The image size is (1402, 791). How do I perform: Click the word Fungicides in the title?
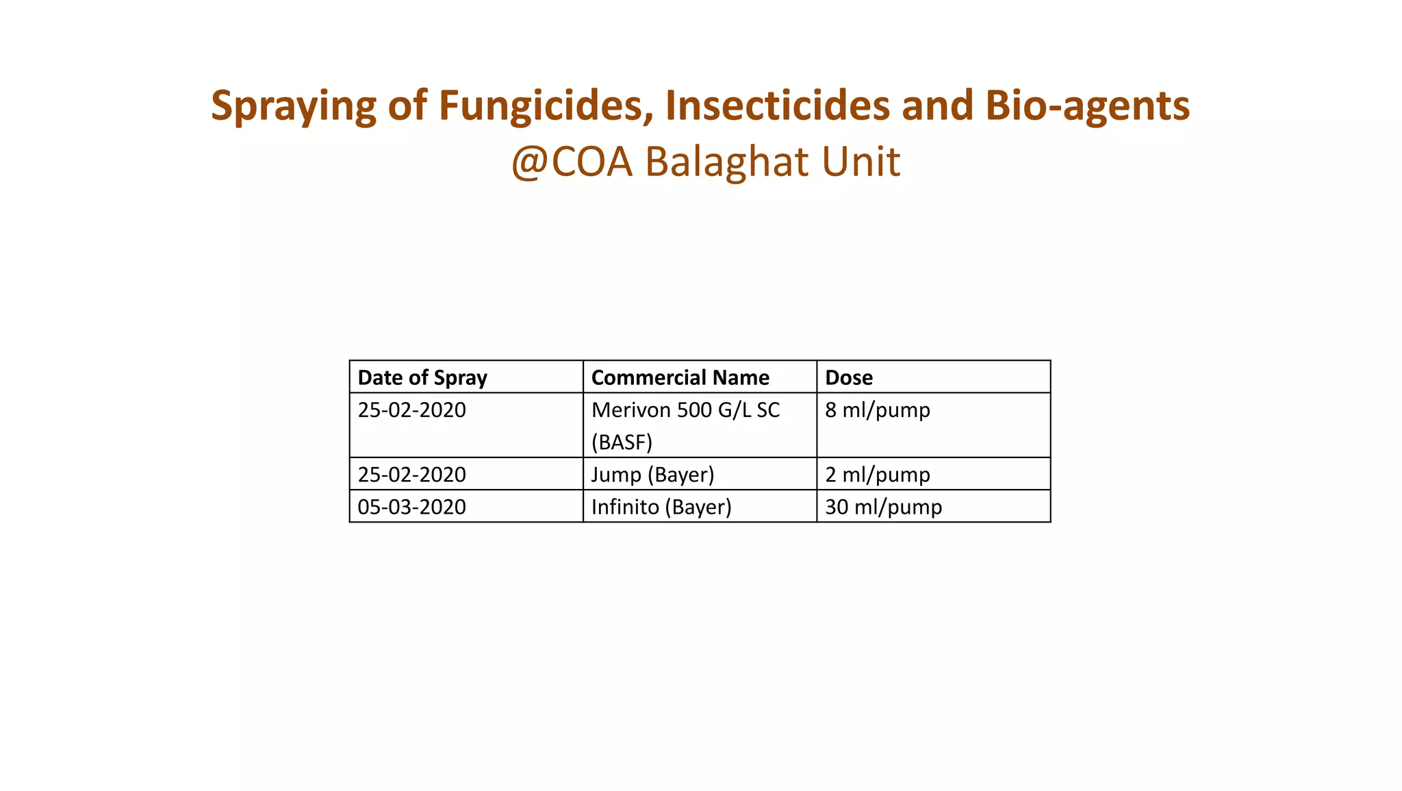(x=541, y=106)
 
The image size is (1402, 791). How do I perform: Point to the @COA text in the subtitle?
(x=572, y=162)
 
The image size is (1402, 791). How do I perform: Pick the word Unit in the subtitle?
(x=861, y=162)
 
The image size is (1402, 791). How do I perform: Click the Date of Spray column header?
(x=422, y=377)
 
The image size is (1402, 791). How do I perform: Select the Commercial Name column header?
(x=680, y=377)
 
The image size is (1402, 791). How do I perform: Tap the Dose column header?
(x=849, y=377)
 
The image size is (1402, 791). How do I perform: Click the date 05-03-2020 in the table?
(x=411, y=507)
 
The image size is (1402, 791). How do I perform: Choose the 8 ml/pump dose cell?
(x=878, y=410)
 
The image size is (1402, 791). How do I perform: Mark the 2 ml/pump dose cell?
(x=878, y=475)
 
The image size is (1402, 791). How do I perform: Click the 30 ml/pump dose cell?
(x=883, y=507)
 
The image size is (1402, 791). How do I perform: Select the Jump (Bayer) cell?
(x=652, y=475)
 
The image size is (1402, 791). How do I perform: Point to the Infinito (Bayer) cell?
(x=661, y=507)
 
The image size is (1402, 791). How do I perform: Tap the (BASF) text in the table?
(x=622, y=442)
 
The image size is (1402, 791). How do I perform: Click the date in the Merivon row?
(x=411, y=410)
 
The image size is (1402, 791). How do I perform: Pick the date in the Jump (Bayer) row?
(x=411, y=475)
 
